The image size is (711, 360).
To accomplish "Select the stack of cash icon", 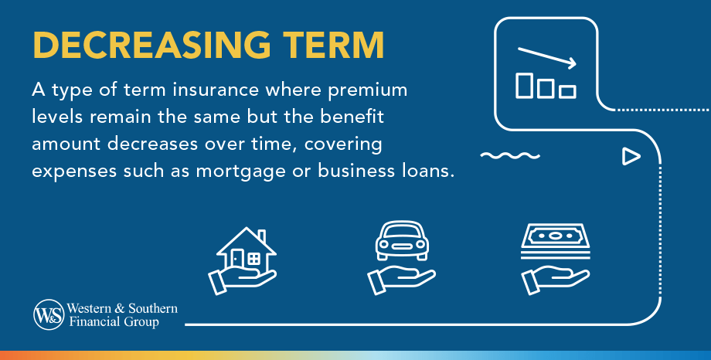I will (x=553, y=239).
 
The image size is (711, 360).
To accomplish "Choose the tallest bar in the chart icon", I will (x=525, y=85).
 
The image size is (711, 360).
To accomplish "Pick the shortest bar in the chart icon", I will (x=568, y=91).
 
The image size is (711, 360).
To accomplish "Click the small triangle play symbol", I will (x=631, y=157).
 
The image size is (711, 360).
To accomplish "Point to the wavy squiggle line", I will (x=509, y=156).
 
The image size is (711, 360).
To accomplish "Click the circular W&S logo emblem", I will (x=47, y=314).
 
